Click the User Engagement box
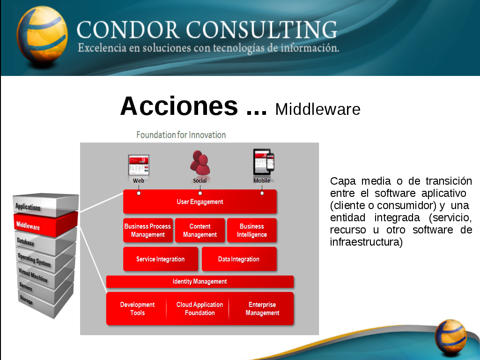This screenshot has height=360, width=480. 200,202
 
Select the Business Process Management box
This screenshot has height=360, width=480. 148,230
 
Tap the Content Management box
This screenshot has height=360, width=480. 200,230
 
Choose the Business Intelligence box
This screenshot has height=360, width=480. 252,230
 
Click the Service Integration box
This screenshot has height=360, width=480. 161,259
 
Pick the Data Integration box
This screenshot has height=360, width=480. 239,259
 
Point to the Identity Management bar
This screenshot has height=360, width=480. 200,282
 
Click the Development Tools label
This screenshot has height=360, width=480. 137,308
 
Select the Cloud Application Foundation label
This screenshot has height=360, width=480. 200,308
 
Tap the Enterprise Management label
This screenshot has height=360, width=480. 262,308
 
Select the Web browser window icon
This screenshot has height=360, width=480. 139,165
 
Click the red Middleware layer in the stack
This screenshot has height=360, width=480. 44,224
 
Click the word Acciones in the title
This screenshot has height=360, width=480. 179,106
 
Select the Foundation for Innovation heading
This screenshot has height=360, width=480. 181,135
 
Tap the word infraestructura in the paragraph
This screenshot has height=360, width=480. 366,242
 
